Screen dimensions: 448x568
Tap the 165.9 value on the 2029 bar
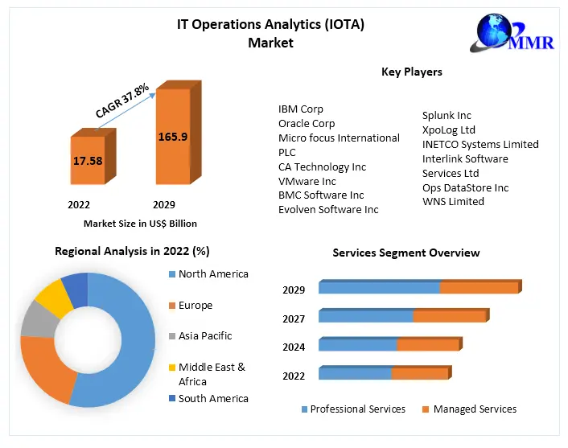click(x=173, y=137)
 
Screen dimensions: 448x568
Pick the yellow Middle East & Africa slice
click(x=54, y=297)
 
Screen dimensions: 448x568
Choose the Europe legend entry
click(x=195, y=306)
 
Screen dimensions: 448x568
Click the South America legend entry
click(x=212, y=398)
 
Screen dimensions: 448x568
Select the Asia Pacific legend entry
click(x=204, y=335)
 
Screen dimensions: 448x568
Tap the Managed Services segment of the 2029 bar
click(x=479, y=288)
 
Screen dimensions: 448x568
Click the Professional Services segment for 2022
click(x=355, y=374)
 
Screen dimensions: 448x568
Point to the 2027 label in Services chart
click(x=294, y=319)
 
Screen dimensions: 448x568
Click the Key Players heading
click(x=411, y=72)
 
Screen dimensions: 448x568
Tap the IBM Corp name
click(x=301, y=109)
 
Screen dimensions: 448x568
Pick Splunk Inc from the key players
click(x=447, y=116)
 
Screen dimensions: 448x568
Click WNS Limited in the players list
click(x=453, y=202)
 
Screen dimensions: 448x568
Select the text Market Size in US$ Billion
click(x=140, y=224)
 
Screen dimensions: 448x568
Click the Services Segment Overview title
click(x=406, y=253)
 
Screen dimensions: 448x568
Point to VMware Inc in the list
click(x=307, y=181)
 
